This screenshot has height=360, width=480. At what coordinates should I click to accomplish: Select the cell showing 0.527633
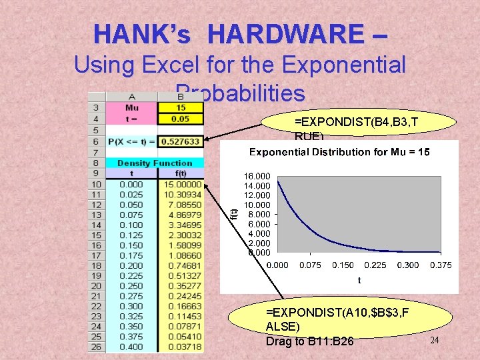[x=181, y=141]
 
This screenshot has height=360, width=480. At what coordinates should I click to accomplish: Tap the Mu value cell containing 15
[x=181, y=108]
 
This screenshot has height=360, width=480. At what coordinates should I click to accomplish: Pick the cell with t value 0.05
[x=181, y=119]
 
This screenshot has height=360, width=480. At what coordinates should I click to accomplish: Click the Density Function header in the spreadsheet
[x=155, y=163]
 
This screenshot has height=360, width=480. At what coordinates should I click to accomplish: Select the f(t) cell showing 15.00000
[x=182, y=184]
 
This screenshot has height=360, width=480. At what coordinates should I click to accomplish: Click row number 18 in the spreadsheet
[x=96, y=265]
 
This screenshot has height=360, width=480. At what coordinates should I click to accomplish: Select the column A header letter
[x=131, y=97]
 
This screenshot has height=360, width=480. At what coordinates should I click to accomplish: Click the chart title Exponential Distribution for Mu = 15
[x=339, y=152]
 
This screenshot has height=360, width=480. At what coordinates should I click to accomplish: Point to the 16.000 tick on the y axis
[x=257, y=176]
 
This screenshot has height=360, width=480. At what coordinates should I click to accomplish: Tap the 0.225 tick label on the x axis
[x=375, y=265]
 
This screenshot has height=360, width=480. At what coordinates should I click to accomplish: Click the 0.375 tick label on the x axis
[x=441, y=265]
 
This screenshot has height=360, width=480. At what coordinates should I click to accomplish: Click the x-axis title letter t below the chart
[x=359, y=281]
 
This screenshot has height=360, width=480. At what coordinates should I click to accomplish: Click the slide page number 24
[x=434, y=341]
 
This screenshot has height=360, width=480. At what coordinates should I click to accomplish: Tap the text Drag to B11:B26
[x=310, y=341]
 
